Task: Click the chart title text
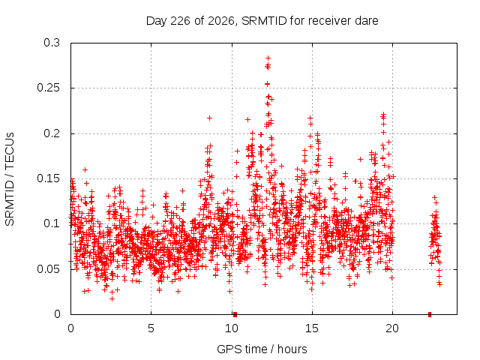coord(262,21)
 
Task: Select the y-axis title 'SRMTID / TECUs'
coord(10,179)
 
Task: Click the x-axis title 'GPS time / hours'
coord(262,349)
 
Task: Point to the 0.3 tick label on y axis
coord(52,43)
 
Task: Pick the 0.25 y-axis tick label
coord(48,88)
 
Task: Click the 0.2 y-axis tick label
coord(52,133)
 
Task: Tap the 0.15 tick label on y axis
coord(48,178)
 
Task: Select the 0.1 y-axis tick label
coord(52,223)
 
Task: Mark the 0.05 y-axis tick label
coord(48,269)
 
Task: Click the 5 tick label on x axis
coord(151,328)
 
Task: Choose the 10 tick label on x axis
coord(232,328)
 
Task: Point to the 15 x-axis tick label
coord(312,328)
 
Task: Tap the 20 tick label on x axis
coord(392,328)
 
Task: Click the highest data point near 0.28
coord(268,58)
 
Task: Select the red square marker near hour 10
coord(235,314)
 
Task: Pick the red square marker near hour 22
coord(430,314)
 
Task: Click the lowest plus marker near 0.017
coord(112,298)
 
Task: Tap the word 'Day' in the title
coord(157,21)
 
